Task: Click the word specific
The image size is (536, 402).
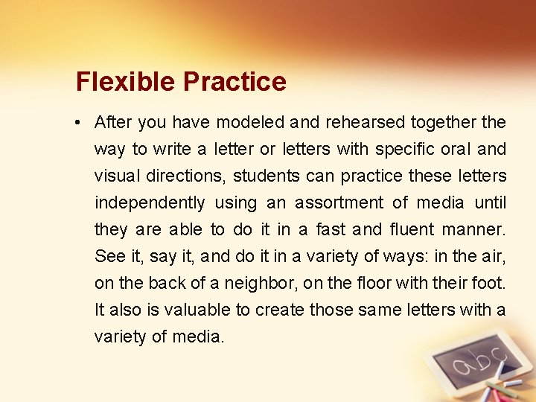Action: click(406, 149)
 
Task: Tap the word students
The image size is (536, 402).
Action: click(268, 176)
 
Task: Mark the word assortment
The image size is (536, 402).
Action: click(339, 202)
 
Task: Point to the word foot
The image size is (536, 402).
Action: click(490, 283)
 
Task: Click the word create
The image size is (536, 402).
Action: click(280, 310)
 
